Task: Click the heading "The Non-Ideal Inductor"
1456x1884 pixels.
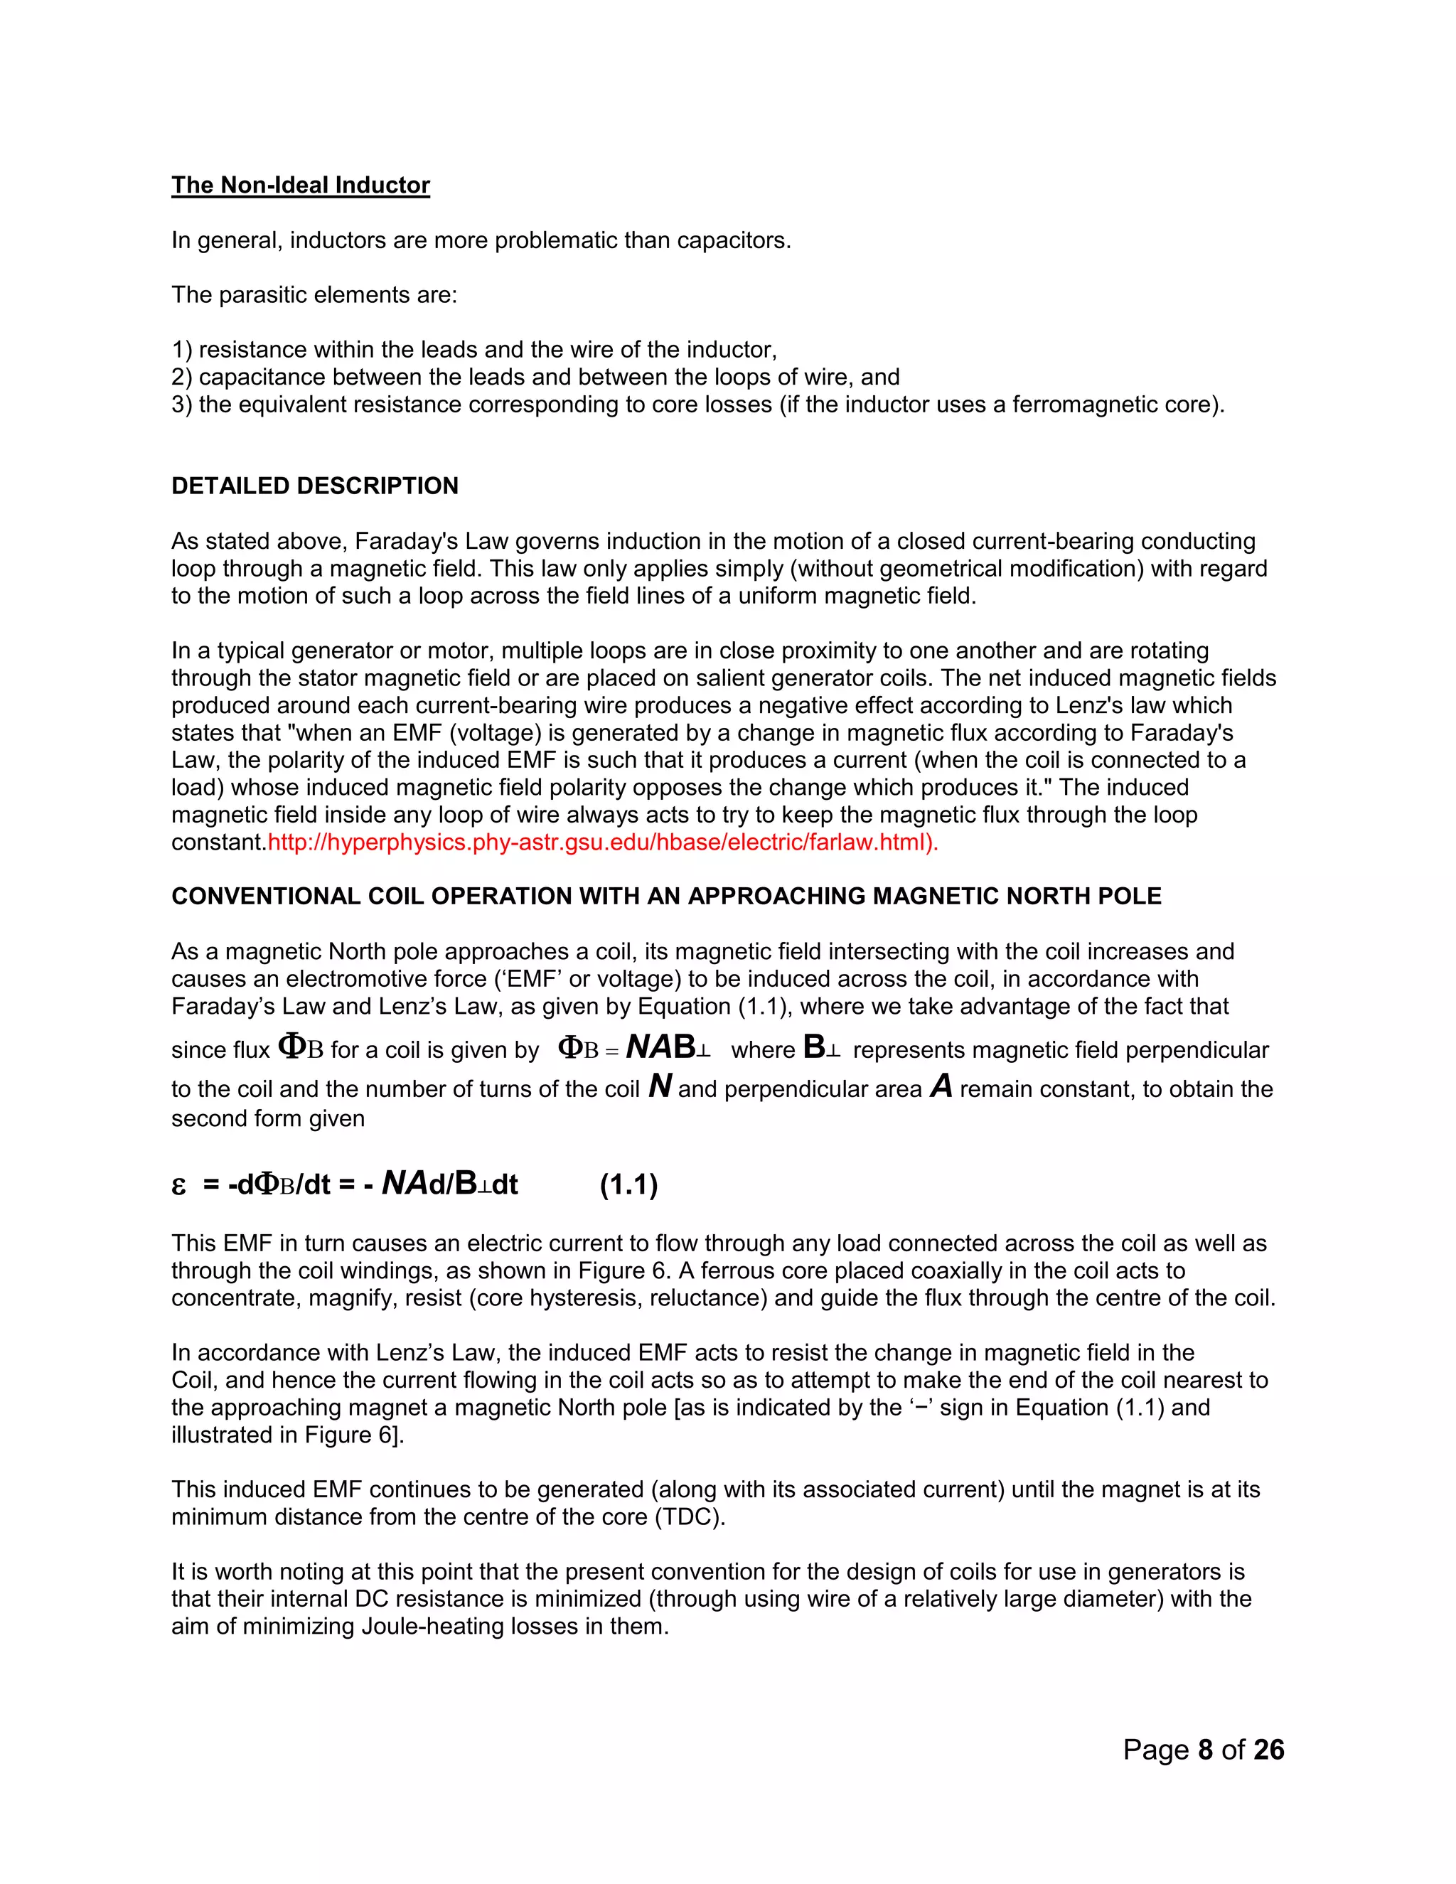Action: (x=300, y=186)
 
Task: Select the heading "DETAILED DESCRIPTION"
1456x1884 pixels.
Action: (x=315, y=486)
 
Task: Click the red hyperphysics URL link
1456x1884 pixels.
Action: (x=602, y=842)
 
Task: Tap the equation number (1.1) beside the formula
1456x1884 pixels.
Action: (x=628, y=1184)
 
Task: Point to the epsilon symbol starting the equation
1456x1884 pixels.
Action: (x=178, y=1186)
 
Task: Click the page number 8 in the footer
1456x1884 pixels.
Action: (x=1205, y=1750)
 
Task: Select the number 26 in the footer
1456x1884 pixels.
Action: (x=1269, y=1750)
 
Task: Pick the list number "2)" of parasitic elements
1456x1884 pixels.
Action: (x=182, y=377)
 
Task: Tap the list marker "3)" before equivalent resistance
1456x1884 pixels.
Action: (x=182, y=405)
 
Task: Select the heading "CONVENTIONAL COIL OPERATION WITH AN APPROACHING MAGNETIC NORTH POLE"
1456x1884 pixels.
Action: (x=666, y=896)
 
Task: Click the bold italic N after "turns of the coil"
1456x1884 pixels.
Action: (x=660, y=1086)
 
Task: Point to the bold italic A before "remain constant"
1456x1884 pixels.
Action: (x=941, y=1086)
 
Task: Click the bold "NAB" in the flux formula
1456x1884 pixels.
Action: (x=660, y=1047)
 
